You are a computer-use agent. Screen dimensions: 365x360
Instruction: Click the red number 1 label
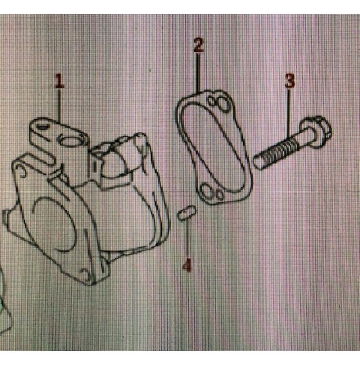pyautogui.click(x=59, y=80)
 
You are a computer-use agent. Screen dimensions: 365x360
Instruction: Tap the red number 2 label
pyautogui.click(x=198, y=46)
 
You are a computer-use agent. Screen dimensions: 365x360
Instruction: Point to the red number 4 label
pyautogui.click(x=187, y=265)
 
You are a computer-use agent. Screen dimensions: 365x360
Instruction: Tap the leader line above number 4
pyautogui.click(x=187, y=241)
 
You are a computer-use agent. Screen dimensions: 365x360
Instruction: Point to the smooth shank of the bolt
pyautogui.click(x=295, y=141)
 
